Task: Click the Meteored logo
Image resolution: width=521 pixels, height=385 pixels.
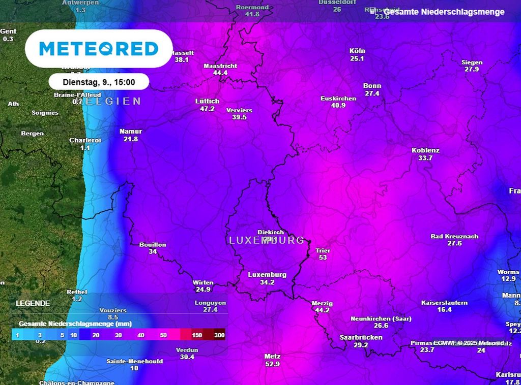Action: click(99, 49)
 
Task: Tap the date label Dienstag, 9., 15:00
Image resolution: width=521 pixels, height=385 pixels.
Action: click(99, 82)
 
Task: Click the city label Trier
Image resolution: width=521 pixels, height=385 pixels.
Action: click(323, 250)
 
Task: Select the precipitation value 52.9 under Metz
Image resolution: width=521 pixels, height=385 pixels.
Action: click(273, 364)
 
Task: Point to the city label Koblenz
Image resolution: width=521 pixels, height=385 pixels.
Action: click(425, 150)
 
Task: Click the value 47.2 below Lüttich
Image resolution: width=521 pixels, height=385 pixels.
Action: click(207, 109)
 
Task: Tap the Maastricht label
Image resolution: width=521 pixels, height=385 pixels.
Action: click(220, 66)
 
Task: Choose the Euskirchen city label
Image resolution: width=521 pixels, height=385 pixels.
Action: click(338, 98)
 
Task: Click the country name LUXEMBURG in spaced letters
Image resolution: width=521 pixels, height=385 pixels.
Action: click(267, 240)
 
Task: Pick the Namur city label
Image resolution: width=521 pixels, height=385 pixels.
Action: click(131, 131)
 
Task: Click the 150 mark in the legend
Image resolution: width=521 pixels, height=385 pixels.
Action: click(197, 335)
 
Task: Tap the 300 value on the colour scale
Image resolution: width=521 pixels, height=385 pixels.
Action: click(219, 335)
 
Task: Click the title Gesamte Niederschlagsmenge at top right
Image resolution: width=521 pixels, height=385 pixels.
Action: click(444, 12)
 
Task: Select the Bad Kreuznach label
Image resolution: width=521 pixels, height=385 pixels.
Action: click(454, 236)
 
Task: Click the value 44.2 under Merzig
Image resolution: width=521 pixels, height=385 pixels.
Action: click(322, 310)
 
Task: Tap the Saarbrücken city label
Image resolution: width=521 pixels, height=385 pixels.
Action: click(361, 337)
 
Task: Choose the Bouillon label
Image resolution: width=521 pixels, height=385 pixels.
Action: click(153, 245)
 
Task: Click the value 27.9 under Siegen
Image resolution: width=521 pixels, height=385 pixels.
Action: click(472, 69)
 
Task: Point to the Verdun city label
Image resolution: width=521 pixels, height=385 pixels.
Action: click(187, 350)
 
